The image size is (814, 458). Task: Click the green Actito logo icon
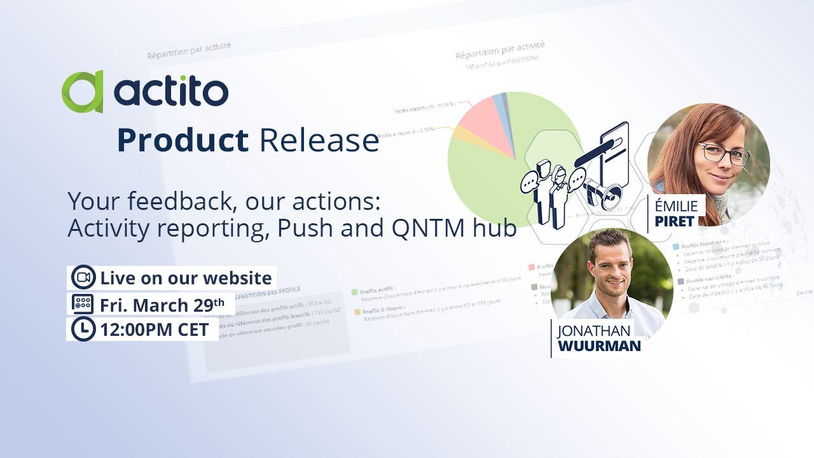[83, 92]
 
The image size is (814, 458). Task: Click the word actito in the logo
[171, 92]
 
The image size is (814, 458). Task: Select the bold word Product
[183, 141]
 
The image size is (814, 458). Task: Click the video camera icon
[83, 277]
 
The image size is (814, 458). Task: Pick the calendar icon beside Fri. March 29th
[83, 304]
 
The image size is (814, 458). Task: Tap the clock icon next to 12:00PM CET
[83, 330]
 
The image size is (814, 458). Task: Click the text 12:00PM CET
[155, 330]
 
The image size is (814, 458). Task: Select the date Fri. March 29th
[162, 305]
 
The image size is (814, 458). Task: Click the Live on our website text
[186, 278]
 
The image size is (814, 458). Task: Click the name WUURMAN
[598, 346]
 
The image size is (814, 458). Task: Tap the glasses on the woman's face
[724, 153]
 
